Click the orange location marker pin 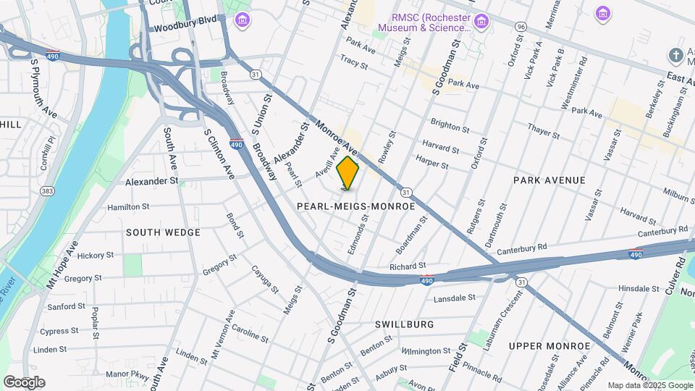348,173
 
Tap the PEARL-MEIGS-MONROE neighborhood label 356,206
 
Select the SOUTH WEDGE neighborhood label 163,232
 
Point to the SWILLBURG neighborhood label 405,324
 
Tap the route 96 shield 521,26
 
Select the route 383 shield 48,191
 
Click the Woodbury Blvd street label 185,29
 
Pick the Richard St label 408,266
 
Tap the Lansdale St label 454,298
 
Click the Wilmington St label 426,351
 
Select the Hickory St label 96,256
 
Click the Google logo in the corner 24,382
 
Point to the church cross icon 675,56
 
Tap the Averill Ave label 327,164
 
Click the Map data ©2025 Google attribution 649,385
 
